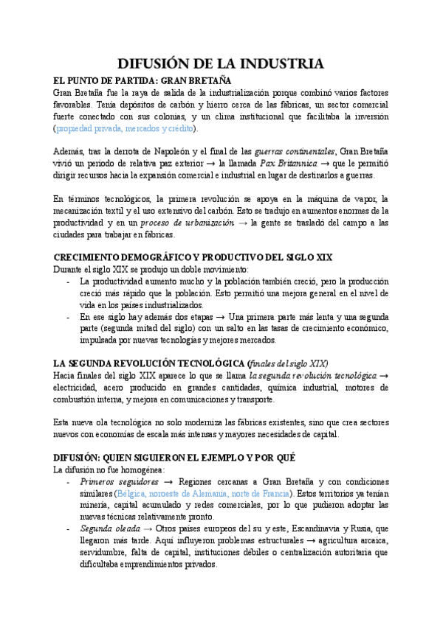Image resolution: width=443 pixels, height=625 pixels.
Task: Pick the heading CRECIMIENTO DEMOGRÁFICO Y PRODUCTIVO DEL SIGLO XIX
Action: click(x=193, y=257)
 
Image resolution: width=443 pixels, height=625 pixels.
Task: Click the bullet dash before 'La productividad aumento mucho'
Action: click(x=69, y=281)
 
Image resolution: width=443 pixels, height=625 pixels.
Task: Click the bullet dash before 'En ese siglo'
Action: click(x=69, y=316)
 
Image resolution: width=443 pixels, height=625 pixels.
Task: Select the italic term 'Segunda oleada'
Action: click(x=107, y=528)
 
